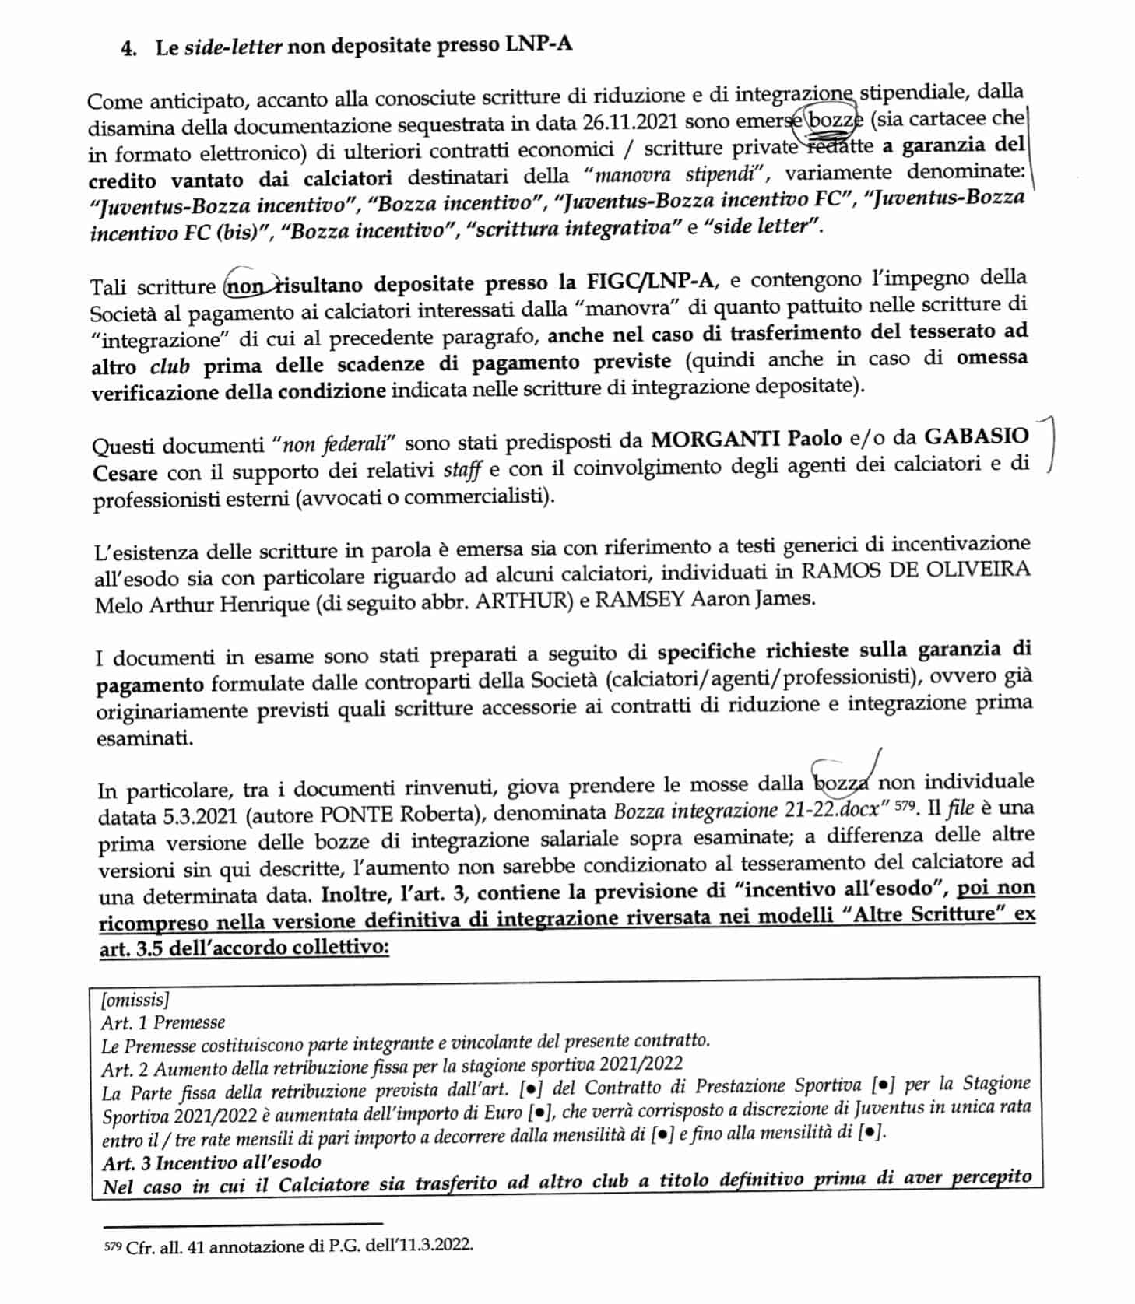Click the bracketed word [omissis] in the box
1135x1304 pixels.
[135, 1000]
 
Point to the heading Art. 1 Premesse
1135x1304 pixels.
[163, 1022]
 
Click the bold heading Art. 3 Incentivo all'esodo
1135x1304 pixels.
[211, 1162]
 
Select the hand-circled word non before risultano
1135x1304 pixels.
[246, 286]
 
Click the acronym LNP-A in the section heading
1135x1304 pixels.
[538, 44]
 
